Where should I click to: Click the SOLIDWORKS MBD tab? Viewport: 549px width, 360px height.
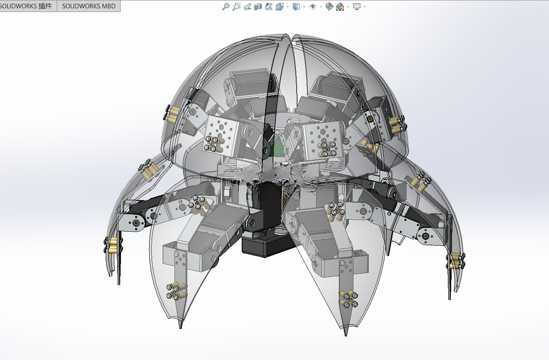point(89,6)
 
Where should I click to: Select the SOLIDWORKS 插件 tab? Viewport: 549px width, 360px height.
point(26,6)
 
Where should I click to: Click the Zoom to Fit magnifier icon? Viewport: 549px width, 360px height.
point(226,7)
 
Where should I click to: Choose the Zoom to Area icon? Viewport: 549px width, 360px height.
point(237,7)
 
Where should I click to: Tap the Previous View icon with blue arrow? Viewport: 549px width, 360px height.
point(247,7)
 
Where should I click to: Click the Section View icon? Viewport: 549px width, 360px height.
point(258,7)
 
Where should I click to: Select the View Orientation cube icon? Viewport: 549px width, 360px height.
point(280,7)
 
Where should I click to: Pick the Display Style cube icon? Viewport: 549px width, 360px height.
point(296,7)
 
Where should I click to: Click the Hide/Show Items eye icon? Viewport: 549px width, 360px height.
point(313,7)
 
